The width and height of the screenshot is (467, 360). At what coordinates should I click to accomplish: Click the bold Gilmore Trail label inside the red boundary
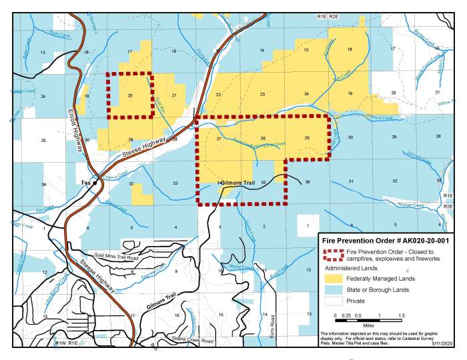[238, 182]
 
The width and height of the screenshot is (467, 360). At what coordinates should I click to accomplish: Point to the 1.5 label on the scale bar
[402, 315]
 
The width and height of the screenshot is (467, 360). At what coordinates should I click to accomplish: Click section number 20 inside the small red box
[130, 96]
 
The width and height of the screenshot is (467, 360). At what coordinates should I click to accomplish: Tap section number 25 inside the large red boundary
[306, 138]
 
